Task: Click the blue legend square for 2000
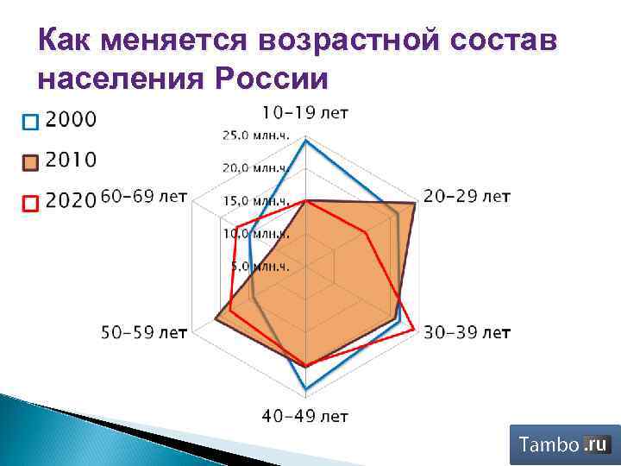[x=30, y=121]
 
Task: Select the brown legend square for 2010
[x=30, y=161]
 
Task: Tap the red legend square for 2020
[x=30, y=204]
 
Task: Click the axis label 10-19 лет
[x=305, y=113]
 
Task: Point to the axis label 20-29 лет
[x=467, y=197]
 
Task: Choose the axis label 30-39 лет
[x=467, y=331]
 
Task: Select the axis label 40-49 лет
[x=305, y=416]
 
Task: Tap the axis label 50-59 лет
[x=143, y=331]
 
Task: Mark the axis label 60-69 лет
[x=143, y=197]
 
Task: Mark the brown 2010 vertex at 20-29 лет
[x=417, y=203]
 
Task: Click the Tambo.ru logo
[x=564, y=445]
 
